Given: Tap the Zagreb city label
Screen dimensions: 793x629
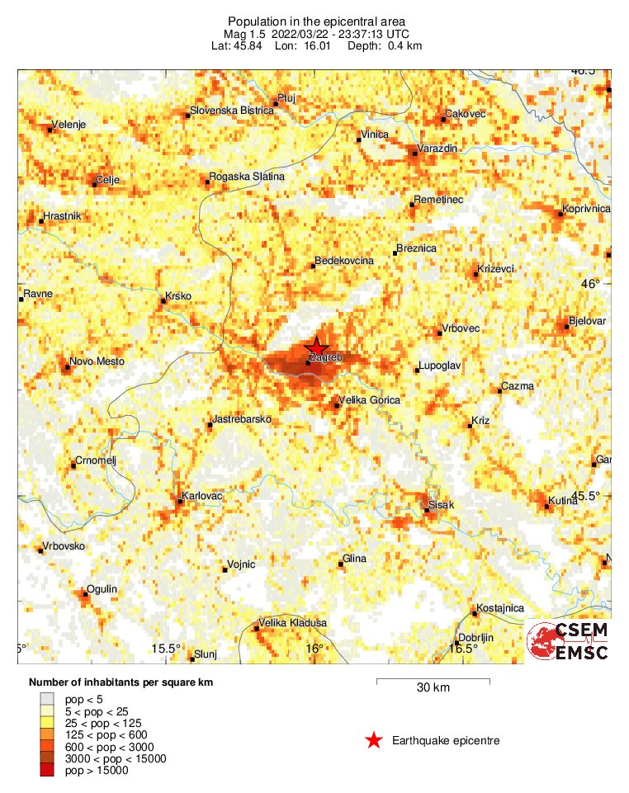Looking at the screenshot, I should (x=324, y=358).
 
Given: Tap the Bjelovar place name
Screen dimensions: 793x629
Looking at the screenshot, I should (x=588, y=320).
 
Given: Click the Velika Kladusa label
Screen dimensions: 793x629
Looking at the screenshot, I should (x=293, y=623).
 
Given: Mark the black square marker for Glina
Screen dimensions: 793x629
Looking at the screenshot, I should (x=340, y=564).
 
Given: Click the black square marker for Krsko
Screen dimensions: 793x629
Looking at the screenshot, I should (x=163, y=301).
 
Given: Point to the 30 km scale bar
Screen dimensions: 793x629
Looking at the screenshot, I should (x=433, y=682).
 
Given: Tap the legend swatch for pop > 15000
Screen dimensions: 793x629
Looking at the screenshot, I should (x=47, y=771).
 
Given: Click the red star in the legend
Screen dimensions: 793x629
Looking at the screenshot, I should (x=374, y=741).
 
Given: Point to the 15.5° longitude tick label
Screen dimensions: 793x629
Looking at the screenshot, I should (x=167, y=649).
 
